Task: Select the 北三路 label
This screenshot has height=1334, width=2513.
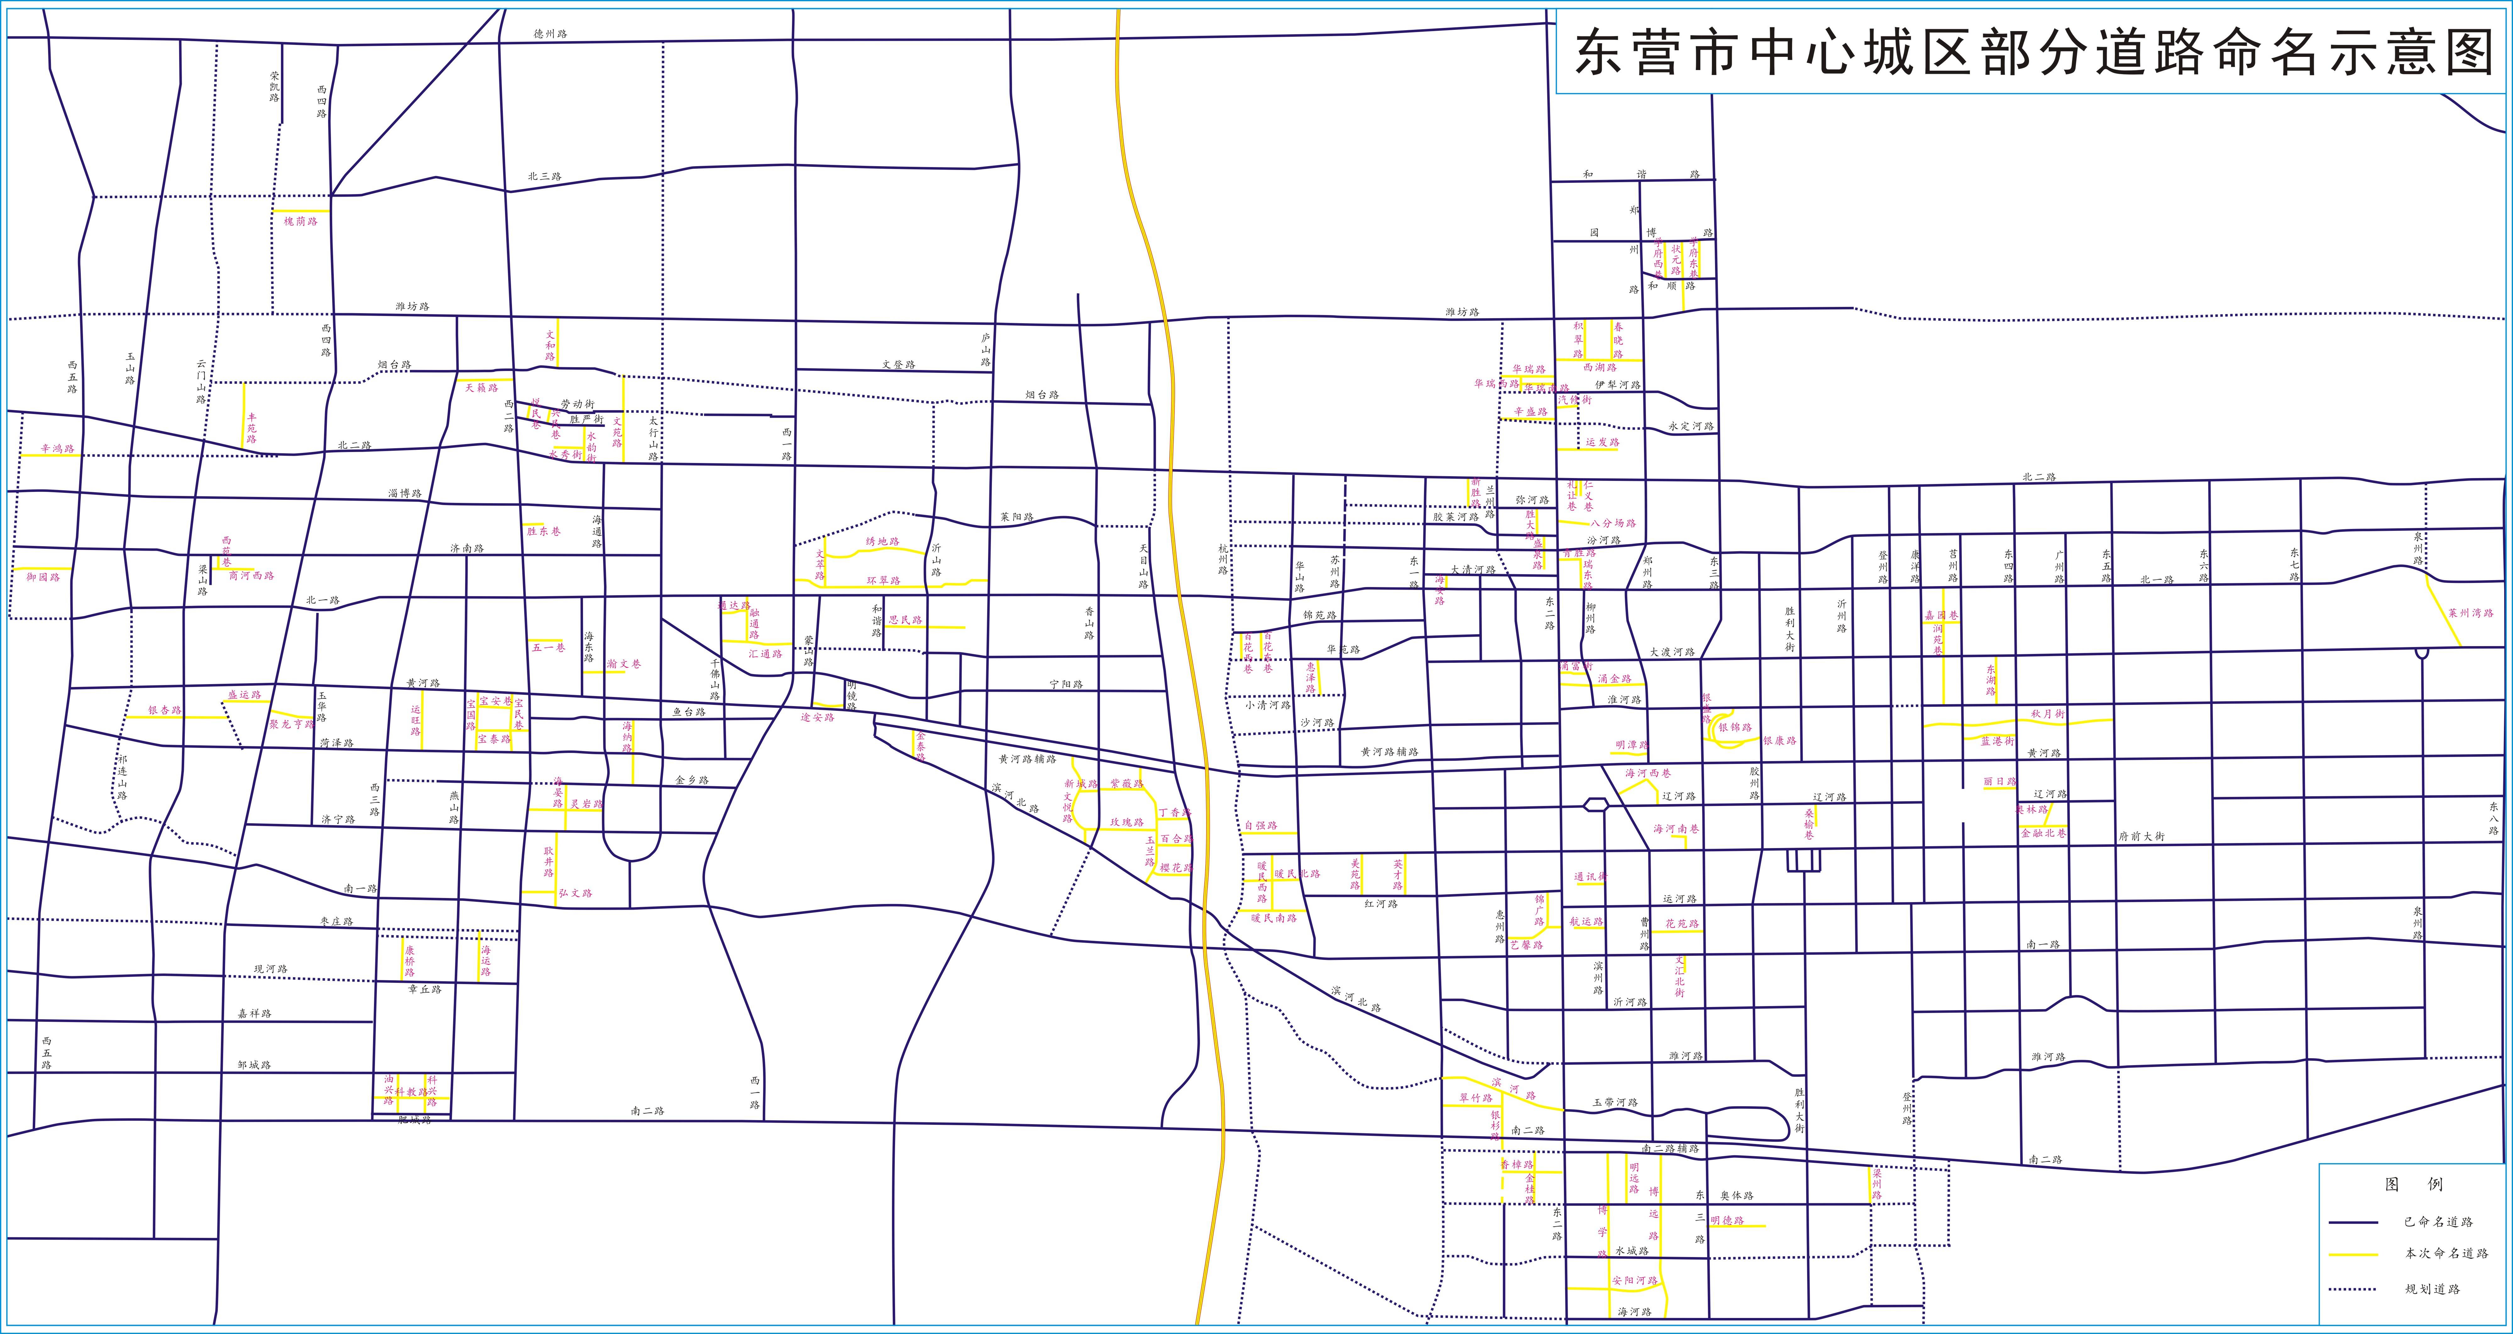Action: pos(544,177)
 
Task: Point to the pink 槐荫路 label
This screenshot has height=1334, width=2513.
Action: pos(300,221)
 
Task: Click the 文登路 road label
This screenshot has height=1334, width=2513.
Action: pos(899,365)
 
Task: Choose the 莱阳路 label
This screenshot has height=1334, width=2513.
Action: pos(1015,517)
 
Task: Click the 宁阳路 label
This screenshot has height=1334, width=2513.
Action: pos(1066,684)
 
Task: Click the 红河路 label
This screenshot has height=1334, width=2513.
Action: pos(1380,904)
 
